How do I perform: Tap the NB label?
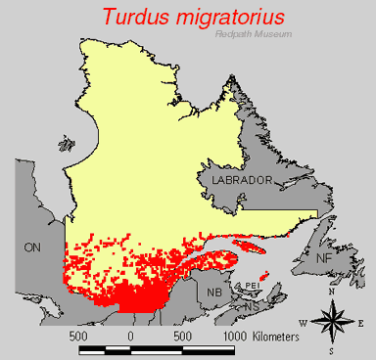[214, 291]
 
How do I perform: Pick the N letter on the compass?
[332, 291]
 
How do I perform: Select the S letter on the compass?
[332, 350]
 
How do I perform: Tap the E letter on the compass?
[360, 322]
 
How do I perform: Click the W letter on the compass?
[303, 322]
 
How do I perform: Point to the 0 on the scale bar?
[130, 336]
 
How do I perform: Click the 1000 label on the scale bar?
[241, 336]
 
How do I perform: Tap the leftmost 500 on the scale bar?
[80, 336]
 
